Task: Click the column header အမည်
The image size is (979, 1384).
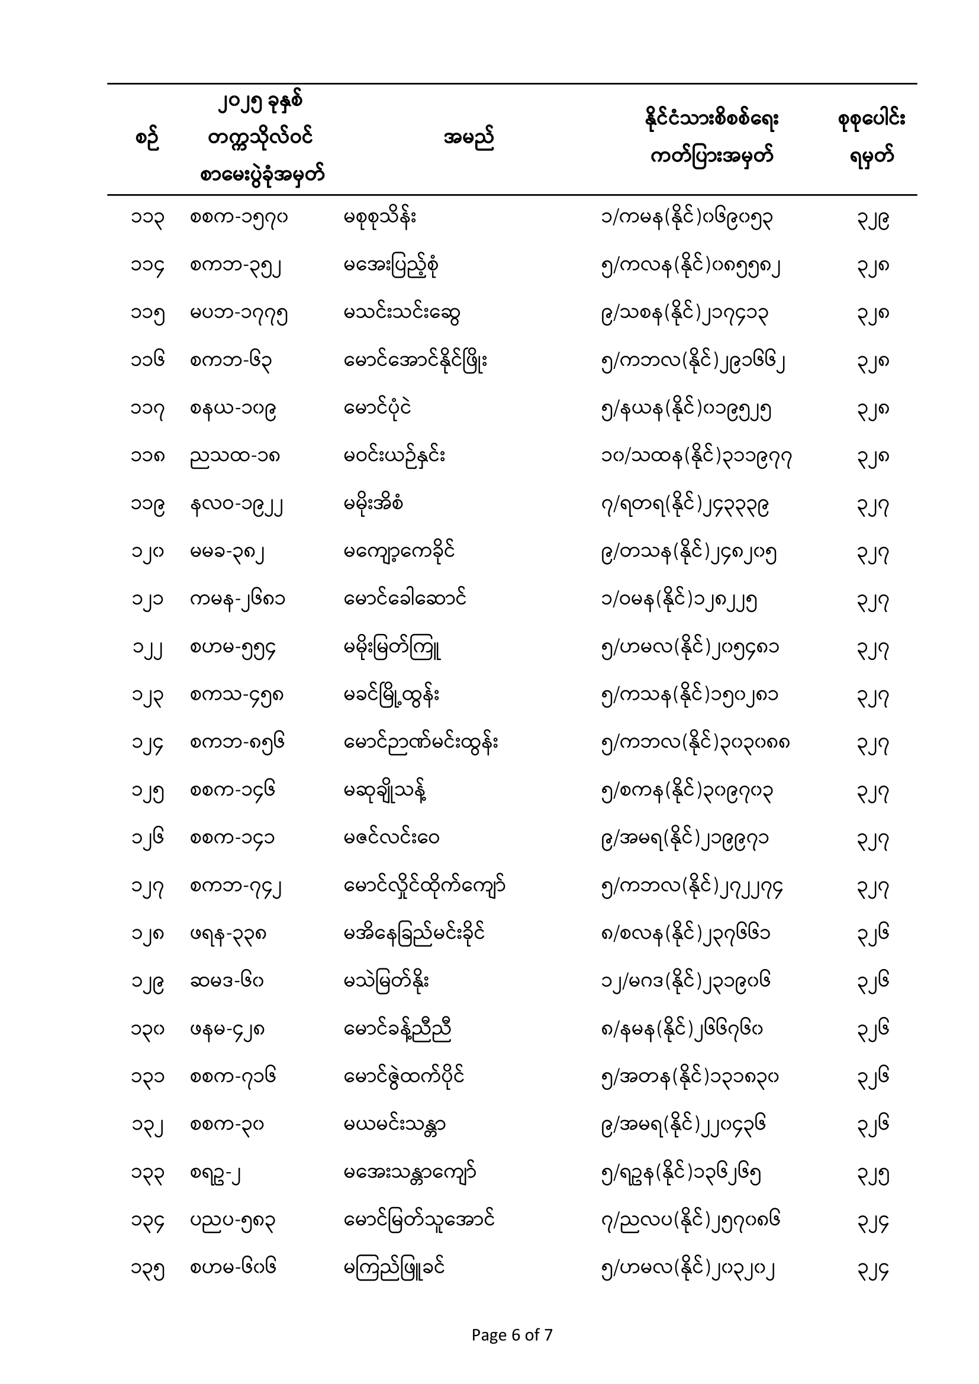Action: [x=468, y=139]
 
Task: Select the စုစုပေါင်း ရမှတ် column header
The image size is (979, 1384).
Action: [x=872, y=139]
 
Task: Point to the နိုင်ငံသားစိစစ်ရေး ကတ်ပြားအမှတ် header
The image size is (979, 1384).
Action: [x=711, y=139]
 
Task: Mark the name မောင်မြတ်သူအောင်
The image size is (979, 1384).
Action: [x=420, y=1221]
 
